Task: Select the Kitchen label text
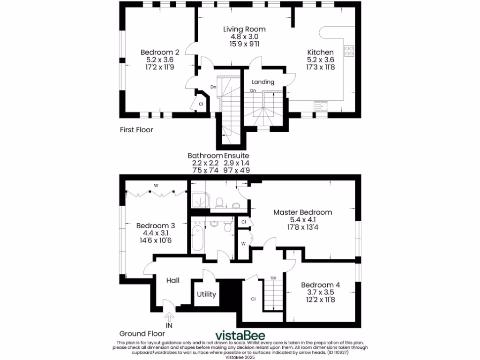coord(320,52)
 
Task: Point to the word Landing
coord(263,82)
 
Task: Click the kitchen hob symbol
coord(349,51)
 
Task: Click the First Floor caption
coord(136,130)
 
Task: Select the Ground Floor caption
coord(142,334)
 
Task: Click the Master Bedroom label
coord(303,212)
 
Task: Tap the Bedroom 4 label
coord(321,285)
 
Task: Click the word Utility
coord(206,295)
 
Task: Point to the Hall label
coord(173,280)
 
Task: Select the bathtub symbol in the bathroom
coord(197,238)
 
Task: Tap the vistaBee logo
coord(240,336)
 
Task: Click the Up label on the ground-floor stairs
coord(274,278)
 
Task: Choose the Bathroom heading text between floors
coord(205,156)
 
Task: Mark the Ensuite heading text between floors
coord(236,156)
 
